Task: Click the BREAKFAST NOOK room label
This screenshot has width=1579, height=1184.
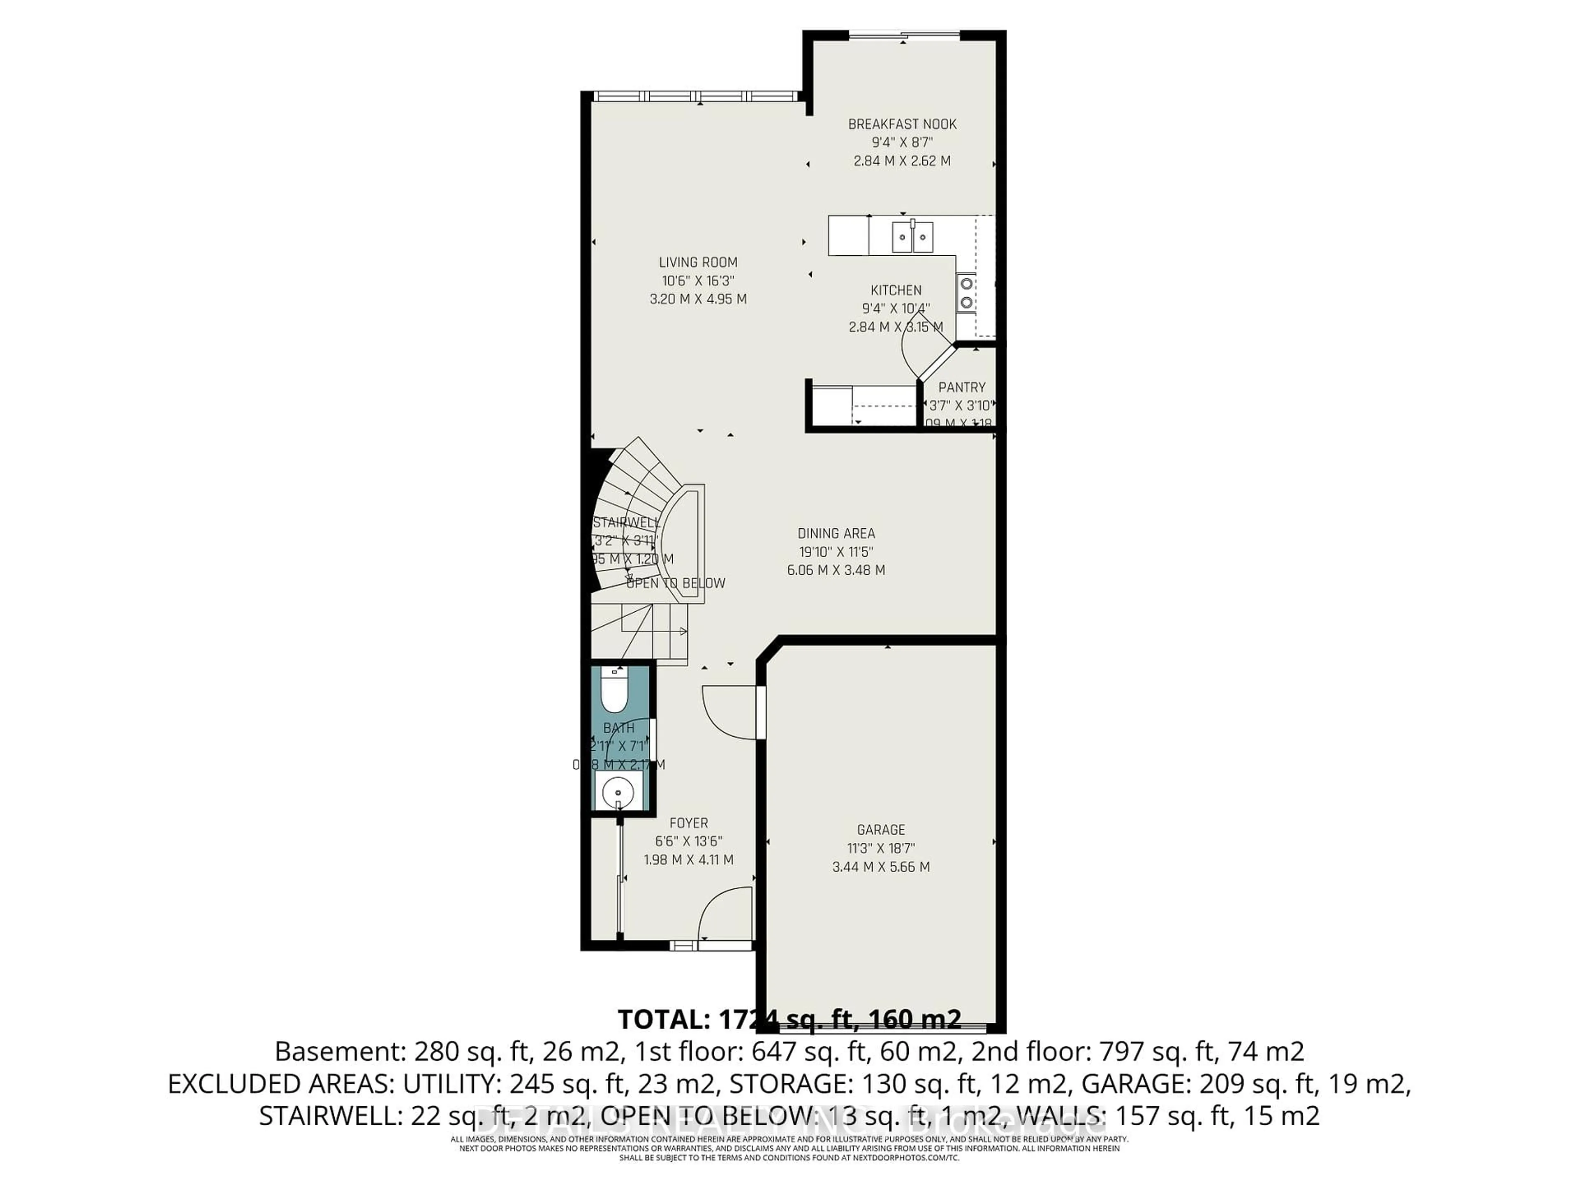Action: tap(902, 124)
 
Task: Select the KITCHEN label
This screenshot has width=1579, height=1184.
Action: tap(896, 291)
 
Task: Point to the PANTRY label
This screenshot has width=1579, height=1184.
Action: tap(961, 388)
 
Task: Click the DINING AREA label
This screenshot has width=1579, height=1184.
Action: tap(836, 533)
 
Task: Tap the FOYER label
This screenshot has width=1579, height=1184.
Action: tap(688, 823)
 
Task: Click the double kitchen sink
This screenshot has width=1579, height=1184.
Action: tap(912, 237)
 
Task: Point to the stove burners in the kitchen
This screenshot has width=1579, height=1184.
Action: tap(967, 293)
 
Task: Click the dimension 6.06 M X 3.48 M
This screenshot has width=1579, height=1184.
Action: tap(836, 570)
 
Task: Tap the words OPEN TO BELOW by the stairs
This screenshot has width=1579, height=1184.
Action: tap(675, 583)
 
